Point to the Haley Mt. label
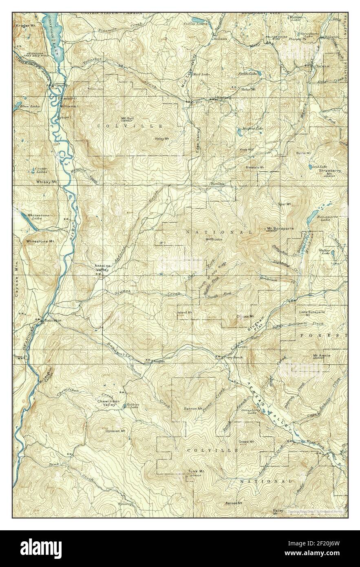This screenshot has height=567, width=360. (x=161, y=139)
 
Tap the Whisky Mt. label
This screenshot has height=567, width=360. (x=46, y=182)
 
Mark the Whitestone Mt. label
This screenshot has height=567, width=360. (x=40, y=241)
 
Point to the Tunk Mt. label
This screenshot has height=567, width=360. (x=196, y=472)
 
